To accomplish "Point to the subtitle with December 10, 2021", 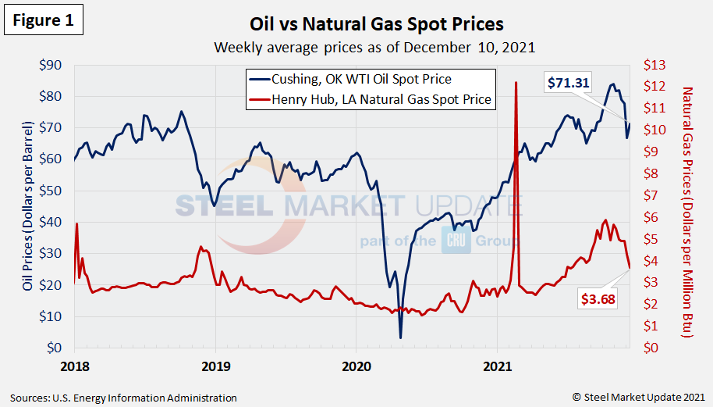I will (x=375, y=47).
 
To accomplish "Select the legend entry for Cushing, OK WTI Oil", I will (x=360, y=79).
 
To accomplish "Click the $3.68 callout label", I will (x=598, y=298).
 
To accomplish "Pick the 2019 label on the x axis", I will (x=215, y=365).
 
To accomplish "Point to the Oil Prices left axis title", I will (x=28, y=206).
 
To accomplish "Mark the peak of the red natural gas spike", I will (x=516, y=82).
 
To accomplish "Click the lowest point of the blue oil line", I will (x=400, y=337).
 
